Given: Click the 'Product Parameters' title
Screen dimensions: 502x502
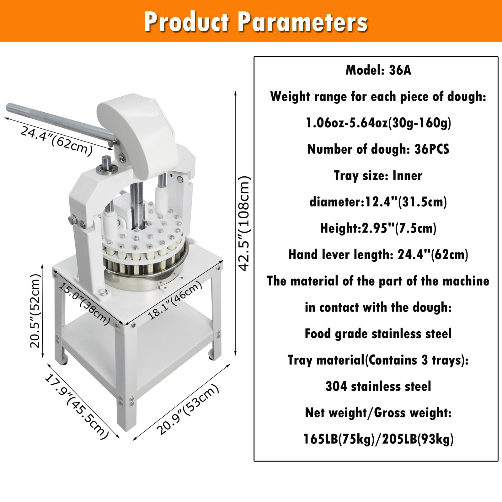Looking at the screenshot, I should point(256,22).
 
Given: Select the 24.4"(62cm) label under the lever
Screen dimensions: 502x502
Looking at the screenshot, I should point(56,140).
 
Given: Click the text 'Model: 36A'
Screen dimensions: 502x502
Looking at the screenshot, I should point(378,70).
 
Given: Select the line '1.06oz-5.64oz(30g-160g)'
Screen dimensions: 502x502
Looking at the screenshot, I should point(378,123).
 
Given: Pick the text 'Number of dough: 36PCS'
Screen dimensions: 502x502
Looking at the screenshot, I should point(378,149).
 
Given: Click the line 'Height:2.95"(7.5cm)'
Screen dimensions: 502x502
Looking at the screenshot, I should point(378,228).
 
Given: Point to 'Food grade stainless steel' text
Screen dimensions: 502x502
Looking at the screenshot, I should point(378,334).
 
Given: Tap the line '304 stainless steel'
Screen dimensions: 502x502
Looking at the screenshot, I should point(378,386).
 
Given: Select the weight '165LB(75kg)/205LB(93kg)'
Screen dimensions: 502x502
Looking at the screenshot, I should point(378,439).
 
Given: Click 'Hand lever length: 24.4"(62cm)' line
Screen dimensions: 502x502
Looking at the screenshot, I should point(378,254).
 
